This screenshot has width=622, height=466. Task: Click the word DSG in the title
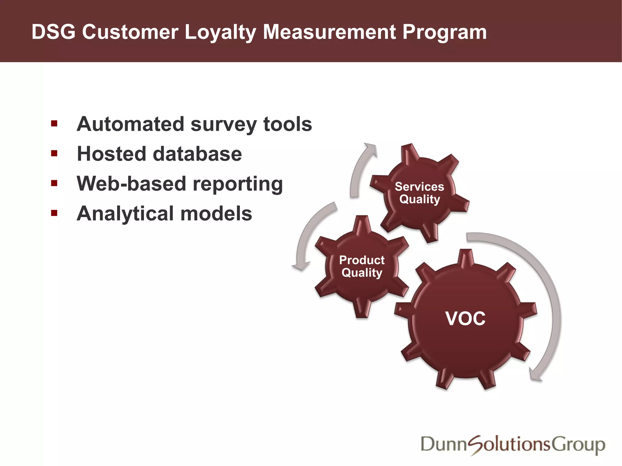(53, 32)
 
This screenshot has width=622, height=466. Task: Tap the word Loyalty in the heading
(220, 32)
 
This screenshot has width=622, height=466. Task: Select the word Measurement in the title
(329, 32)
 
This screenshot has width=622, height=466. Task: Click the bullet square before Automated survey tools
(54, 123)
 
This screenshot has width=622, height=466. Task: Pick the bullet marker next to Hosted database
(54, 153)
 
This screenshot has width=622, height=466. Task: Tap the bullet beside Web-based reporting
(54, 183)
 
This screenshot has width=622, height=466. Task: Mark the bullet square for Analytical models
(54, 213)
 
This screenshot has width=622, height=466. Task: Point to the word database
(197, 154)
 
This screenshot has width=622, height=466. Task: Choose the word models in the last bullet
(216, 214)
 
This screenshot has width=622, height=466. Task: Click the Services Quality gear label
(419, 193)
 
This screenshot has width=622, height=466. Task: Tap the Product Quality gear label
(362, 266)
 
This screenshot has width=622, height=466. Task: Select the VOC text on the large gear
(465, 319)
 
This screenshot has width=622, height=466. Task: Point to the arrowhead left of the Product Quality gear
(301, 266)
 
